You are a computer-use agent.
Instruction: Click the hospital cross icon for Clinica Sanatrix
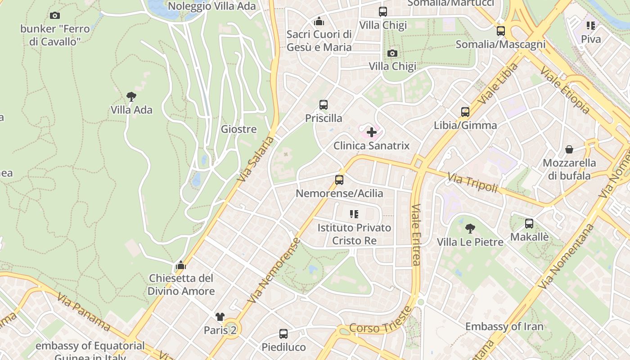click(x=372, y=132)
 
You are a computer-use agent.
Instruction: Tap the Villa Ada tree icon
click(x=131, y=96)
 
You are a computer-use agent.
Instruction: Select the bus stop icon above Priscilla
click(x=323, y=105)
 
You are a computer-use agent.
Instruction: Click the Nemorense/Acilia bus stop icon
click(x=339, y=180)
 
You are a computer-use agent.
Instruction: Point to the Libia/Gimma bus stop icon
click(x=465, y=112)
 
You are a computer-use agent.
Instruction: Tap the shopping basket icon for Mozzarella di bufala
click(x=569, y=149)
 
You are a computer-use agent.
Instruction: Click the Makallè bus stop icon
click(x=529, y=224)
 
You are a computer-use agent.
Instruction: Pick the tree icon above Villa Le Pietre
click(x=470, y=229)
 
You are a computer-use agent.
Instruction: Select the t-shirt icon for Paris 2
click(x=220, y=317)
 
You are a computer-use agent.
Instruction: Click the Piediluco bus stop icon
click(x=283, y=334)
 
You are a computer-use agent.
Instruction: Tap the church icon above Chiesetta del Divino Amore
click(x=181, y=265)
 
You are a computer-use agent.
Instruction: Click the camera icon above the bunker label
click(x=55, y=16)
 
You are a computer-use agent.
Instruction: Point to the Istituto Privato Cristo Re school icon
click(x=354, y=214)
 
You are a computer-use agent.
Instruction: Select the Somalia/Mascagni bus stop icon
click(x=501, y=31)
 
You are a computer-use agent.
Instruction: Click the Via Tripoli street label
click(x=472, y=182)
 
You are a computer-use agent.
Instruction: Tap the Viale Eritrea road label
click(x=415, y=234)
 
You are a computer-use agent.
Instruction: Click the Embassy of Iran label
click(x=504, y=326)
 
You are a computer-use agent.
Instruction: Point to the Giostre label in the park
click(x=238, y=129)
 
